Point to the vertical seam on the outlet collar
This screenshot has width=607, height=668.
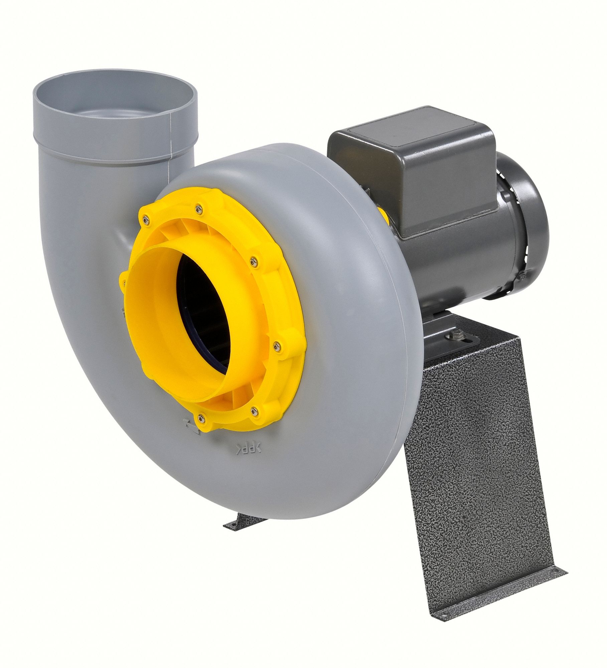point(172,135)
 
